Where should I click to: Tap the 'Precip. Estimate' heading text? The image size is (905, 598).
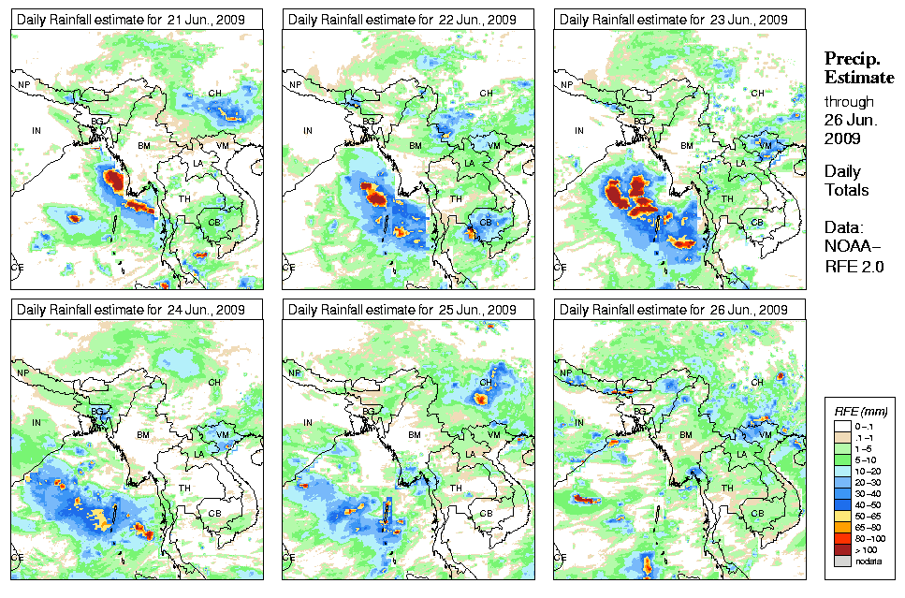[x=858, y=67]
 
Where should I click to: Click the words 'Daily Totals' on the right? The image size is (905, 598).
[x=846, y=181]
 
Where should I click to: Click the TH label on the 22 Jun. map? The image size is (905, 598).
[x=456, y=198]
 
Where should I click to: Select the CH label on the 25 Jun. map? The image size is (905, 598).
[x=487, y=383]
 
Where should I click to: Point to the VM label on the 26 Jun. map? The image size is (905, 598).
[x=765, y=435]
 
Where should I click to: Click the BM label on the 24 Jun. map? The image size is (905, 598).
[x=143, y=435]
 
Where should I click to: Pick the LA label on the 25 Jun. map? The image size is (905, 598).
[x=470, y=454]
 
